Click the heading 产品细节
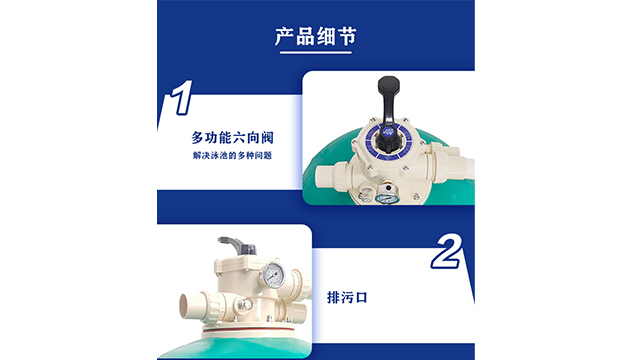click(316, 36)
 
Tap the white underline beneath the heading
click(316, 53)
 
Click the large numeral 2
click(446, 252)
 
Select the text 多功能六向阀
click(232, 138)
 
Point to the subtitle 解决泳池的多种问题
click(232, 156)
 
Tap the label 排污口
click(347, 297)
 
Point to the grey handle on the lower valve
click(237, 246)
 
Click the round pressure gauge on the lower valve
click(273, 275)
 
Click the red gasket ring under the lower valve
click(249, 330)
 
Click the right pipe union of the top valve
click(441, 162)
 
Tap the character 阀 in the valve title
click(267, 138)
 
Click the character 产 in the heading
click(284, 36)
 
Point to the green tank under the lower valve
click(235, 346)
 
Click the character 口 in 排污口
click(362, 298)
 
